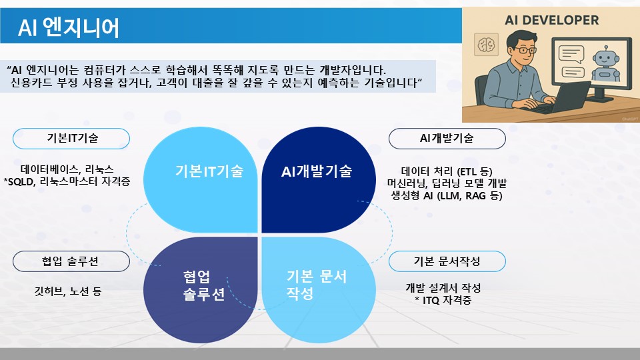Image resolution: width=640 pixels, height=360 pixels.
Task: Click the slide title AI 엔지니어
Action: tap(69, 28)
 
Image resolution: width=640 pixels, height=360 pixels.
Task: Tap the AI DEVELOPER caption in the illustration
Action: tap(551, 20)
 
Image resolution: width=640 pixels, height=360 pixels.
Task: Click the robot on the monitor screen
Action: tap(605, 64)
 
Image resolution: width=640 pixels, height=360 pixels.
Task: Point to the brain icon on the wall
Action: tap(486, 45)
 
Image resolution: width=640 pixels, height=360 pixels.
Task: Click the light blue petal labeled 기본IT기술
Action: tap(201, 180)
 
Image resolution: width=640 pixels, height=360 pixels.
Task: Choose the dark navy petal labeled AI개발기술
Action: tap(319, 180)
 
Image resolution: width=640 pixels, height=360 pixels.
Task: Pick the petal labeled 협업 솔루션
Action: tap(201, 290)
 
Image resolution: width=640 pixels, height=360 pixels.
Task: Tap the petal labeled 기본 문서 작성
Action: tap(319, 290)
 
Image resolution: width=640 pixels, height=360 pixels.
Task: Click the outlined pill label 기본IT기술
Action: tap(71, 139)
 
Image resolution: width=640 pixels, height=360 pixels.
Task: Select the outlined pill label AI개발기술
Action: tap(447, 139)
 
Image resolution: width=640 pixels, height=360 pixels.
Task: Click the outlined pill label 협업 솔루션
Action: tap(71, 261)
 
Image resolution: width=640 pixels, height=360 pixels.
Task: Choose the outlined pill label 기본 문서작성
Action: tap(447, 261)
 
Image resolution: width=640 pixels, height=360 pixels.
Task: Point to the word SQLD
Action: tap(21, 181)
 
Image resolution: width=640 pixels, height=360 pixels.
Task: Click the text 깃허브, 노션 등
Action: tap(68, 291)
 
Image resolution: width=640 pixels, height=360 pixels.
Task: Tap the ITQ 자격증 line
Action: tap(443, 301)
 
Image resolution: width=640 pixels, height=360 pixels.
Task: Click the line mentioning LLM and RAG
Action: tap(447, 195)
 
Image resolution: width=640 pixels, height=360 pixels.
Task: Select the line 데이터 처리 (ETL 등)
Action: tap(447, 171)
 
